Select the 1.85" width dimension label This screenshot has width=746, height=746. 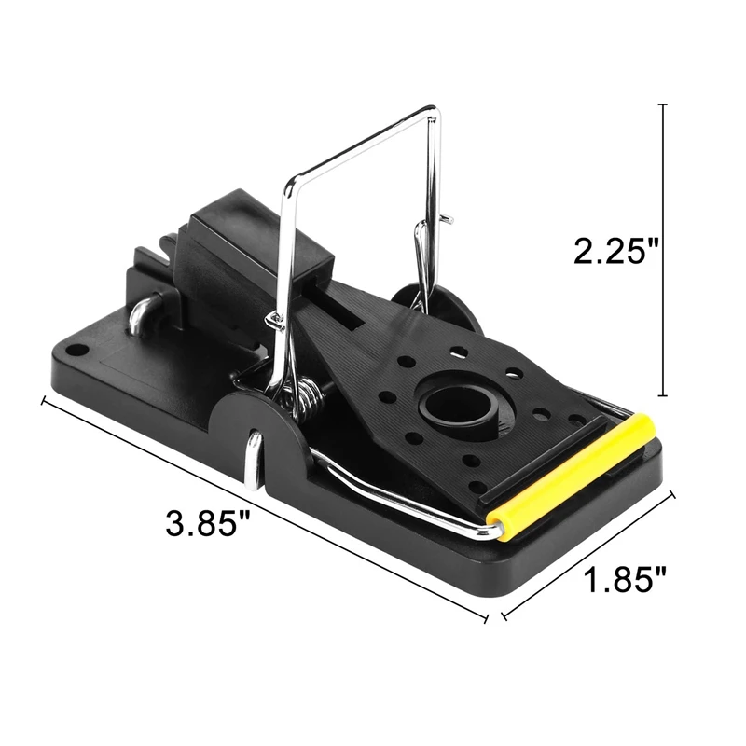pos(624,579)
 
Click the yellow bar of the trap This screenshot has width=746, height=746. pos(572,476)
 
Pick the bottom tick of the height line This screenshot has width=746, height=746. pos(664,394)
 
